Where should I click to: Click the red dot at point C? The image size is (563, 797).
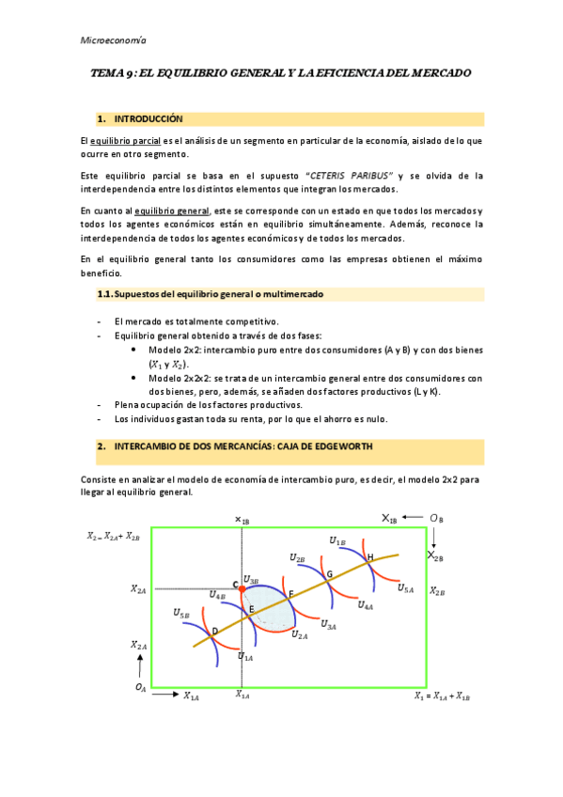(x=242, y=587)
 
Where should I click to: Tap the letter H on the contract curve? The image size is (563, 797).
(x=370, y=557)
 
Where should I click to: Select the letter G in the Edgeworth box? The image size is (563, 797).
(x=330, y=573)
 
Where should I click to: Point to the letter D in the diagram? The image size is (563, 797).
(x=215, y=631)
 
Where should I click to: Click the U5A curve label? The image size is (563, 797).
(x=406, y=587)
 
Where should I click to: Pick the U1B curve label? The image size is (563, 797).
(x=337, y=540)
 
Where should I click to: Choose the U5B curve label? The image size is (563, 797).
(x=181, y=613)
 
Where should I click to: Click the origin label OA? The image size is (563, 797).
(x=140, y=688)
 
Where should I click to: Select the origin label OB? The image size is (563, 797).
(x=436, y=518)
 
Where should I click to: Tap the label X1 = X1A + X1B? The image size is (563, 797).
(x=442, y=695)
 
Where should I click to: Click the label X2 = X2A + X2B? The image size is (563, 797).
(x=113, y=536)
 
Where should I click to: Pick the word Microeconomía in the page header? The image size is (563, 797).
(x=111, y=40)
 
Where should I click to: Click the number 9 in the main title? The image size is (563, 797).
(x=136, y=72)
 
